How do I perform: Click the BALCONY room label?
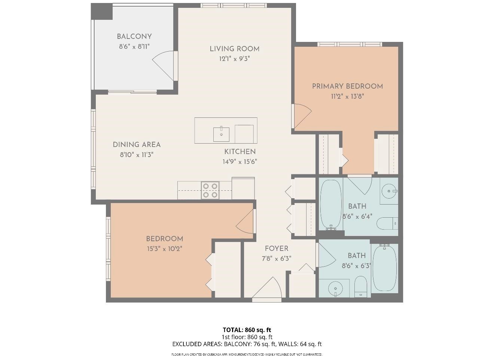134,37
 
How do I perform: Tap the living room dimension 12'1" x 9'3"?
234,59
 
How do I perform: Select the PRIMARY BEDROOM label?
347,86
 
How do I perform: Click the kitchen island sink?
221,134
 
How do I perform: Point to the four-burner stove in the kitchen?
210,190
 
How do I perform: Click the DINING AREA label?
137,145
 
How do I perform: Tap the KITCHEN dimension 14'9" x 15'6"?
240,162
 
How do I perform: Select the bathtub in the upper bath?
331,205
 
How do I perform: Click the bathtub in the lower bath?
384,267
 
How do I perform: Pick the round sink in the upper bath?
389,191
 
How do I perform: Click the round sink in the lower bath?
335,288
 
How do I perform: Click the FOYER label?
277,249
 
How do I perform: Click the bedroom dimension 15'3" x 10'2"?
164,249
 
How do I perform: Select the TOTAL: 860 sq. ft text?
247,330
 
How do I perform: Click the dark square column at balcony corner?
102,12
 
